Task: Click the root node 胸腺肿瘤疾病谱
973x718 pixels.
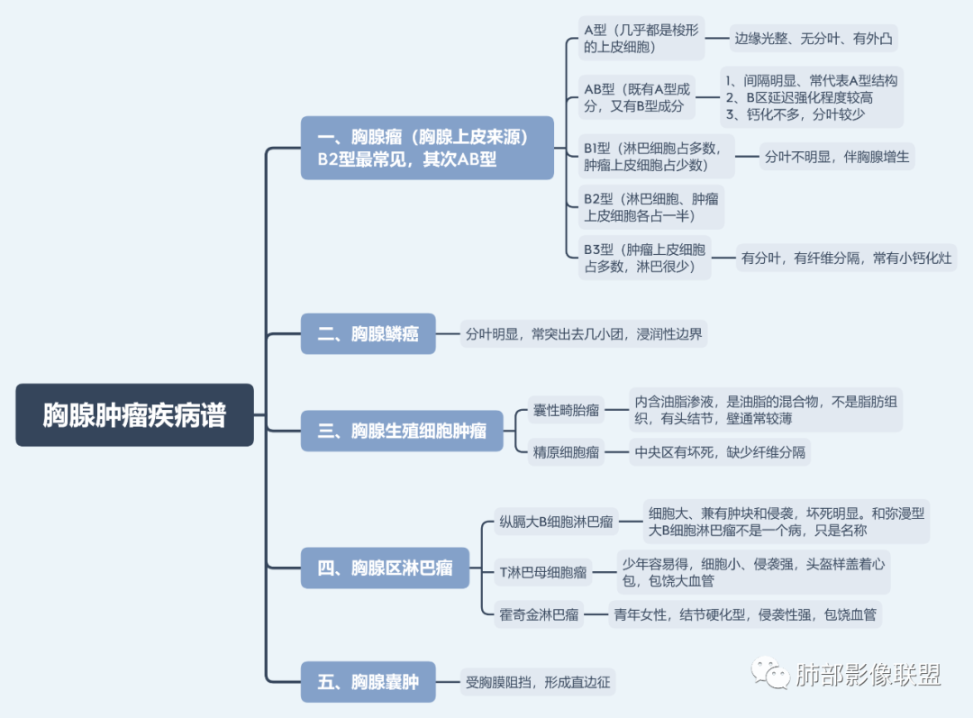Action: (x=134, y=415)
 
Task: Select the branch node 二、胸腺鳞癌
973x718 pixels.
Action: (x=368, y=334)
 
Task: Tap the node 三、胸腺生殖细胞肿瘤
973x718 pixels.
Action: (x=402, y=431)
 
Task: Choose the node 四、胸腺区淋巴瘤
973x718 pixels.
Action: (x=385, y=568)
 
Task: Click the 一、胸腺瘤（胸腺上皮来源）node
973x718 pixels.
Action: (x=427, y=148)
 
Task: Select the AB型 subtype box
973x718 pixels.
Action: (x=638, y=97)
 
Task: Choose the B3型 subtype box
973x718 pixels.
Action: (x=644, y=258)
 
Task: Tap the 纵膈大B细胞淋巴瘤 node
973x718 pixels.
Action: (x=557, y=522)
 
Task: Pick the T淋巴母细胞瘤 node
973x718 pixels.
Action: (x=543, y=571)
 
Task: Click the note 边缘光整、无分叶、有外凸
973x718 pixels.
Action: (x=813, y=39)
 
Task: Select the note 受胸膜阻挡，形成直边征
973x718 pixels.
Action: (x=538, y=682)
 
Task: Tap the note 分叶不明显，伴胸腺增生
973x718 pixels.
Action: (x=837, y=156)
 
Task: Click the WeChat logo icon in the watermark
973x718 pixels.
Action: (x=770, y=673)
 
